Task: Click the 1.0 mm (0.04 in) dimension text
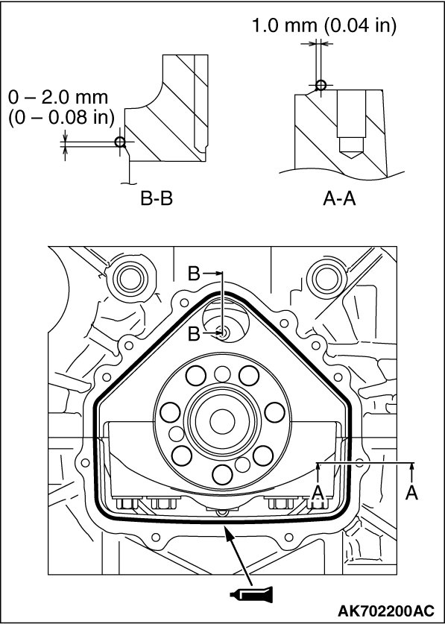pos(324,25)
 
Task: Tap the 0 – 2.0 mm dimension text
pos(58,98)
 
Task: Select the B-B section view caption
pos(157,199)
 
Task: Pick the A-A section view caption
pos(339,199)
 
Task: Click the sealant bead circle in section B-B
pos(119,142)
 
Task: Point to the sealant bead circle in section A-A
pos(321,85)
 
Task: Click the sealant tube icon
pos(251,594)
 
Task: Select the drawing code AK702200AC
pos(385,610)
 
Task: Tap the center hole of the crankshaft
pos(222,421)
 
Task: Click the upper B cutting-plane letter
pos(194,274)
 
